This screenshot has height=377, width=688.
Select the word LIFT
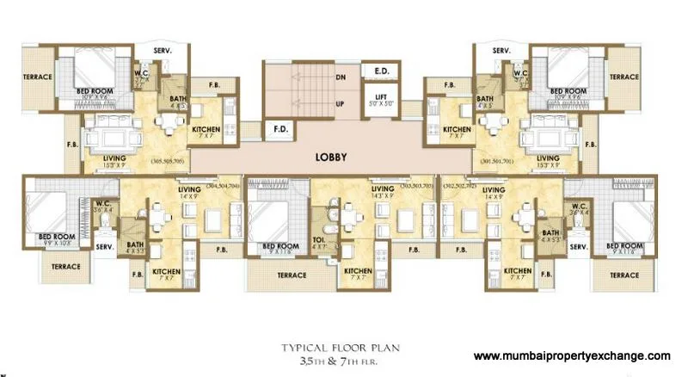pos(378,95)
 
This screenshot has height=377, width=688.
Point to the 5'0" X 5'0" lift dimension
pos(378,102)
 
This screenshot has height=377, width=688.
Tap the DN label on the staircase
pos(341,76)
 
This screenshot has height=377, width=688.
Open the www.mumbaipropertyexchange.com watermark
pos(572,355)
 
